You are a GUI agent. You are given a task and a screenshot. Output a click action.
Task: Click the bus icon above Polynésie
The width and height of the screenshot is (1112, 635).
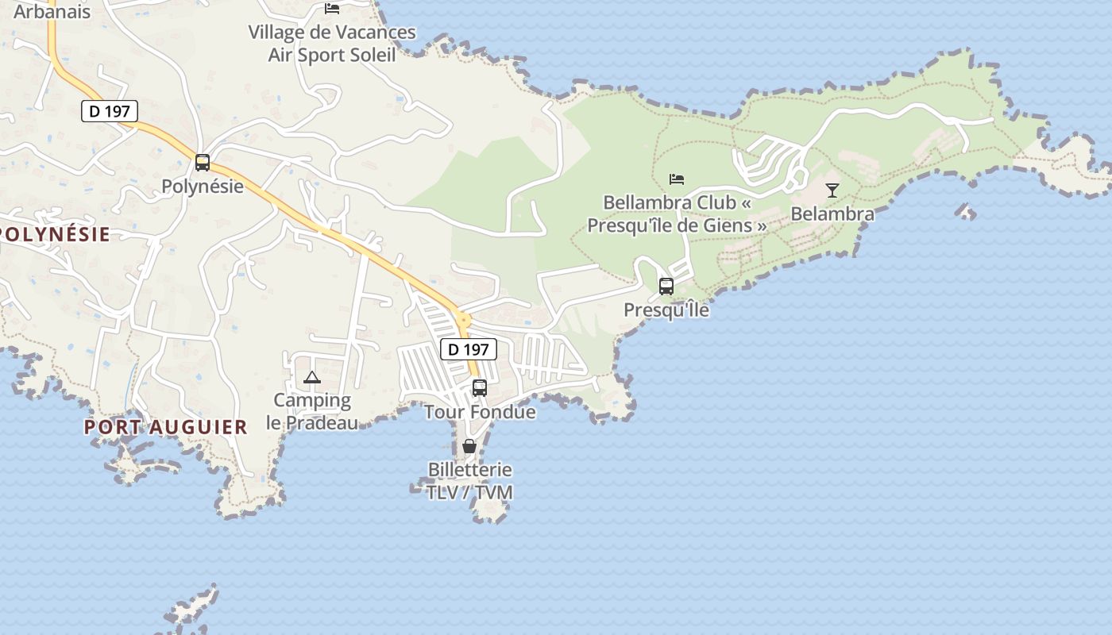(203, 163)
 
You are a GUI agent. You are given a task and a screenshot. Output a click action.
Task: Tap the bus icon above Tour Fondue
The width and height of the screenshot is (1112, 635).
(480, 388)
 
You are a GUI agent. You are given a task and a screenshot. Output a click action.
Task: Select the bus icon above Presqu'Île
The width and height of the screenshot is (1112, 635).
(666, 286)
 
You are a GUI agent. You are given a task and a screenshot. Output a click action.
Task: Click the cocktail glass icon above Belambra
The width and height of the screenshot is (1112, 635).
(832, 190)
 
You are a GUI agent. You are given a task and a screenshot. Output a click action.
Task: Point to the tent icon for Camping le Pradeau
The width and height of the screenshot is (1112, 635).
(311, 377)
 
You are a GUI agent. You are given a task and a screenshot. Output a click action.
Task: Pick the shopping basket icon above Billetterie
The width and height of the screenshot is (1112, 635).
(469, 446)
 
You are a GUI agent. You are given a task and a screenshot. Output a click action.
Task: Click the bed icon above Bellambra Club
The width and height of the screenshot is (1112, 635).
(677, 179)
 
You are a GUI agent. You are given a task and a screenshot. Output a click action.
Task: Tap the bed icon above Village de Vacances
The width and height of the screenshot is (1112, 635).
(332, 9)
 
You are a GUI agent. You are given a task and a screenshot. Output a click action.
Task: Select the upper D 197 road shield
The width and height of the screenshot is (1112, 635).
(110, 111)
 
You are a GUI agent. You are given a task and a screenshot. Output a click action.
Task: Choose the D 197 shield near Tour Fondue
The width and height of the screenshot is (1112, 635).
(468, 348)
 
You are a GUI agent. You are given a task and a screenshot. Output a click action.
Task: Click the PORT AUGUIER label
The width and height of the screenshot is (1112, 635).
(166, 427)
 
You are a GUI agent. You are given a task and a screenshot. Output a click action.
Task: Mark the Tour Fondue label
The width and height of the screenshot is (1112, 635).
(480, 412)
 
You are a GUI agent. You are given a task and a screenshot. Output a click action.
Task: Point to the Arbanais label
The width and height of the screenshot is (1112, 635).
(52, 12)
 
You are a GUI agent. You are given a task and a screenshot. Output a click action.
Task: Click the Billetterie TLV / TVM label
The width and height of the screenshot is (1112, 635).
(469, 481)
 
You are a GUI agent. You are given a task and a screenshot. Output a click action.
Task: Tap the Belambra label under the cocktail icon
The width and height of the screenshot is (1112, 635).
(832, 214)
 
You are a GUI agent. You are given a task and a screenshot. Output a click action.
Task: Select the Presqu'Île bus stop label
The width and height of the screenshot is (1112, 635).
(666, 310)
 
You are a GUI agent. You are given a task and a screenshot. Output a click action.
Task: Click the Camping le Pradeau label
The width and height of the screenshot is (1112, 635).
(312, 411)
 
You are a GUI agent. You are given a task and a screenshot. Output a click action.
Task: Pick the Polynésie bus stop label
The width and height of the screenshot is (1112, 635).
(203, 187)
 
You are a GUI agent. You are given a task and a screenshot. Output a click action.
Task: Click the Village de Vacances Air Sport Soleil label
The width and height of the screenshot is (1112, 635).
(332, 44)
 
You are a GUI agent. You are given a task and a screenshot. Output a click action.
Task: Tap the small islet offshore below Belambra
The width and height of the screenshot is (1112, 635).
(965, 211)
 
